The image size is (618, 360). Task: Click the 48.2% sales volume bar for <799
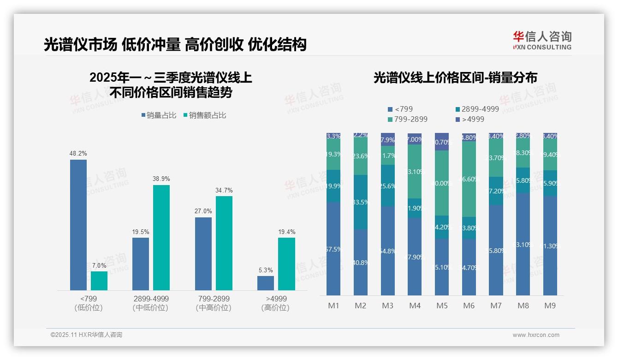point(78,225)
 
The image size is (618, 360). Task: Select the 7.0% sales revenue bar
point(99,281)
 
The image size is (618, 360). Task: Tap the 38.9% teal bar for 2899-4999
point(161,237)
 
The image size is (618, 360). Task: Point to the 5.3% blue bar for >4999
point(265,283)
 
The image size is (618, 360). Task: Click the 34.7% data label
point(224,190)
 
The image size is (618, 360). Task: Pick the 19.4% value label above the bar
point(286,232)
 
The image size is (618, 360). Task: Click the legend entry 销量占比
point(159,115)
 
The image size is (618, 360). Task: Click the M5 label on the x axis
point(442,306)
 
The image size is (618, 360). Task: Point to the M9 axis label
point(550,306)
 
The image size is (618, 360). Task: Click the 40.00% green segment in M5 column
point(442,183)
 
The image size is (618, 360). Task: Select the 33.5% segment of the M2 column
point(361,202)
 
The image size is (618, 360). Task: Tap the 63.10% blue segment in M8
point(523,244)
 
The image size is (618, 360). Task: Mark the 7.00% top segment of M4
point(415,139)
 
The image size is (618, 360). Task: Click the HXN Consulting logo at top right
point(542,41)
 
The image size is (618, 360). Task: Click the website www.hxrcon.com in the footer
point(535,335)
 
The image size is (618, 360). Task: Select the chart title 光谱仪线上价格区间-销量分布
point(455,78)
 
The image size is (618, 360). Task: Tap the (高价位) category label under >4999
point(275,308)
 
